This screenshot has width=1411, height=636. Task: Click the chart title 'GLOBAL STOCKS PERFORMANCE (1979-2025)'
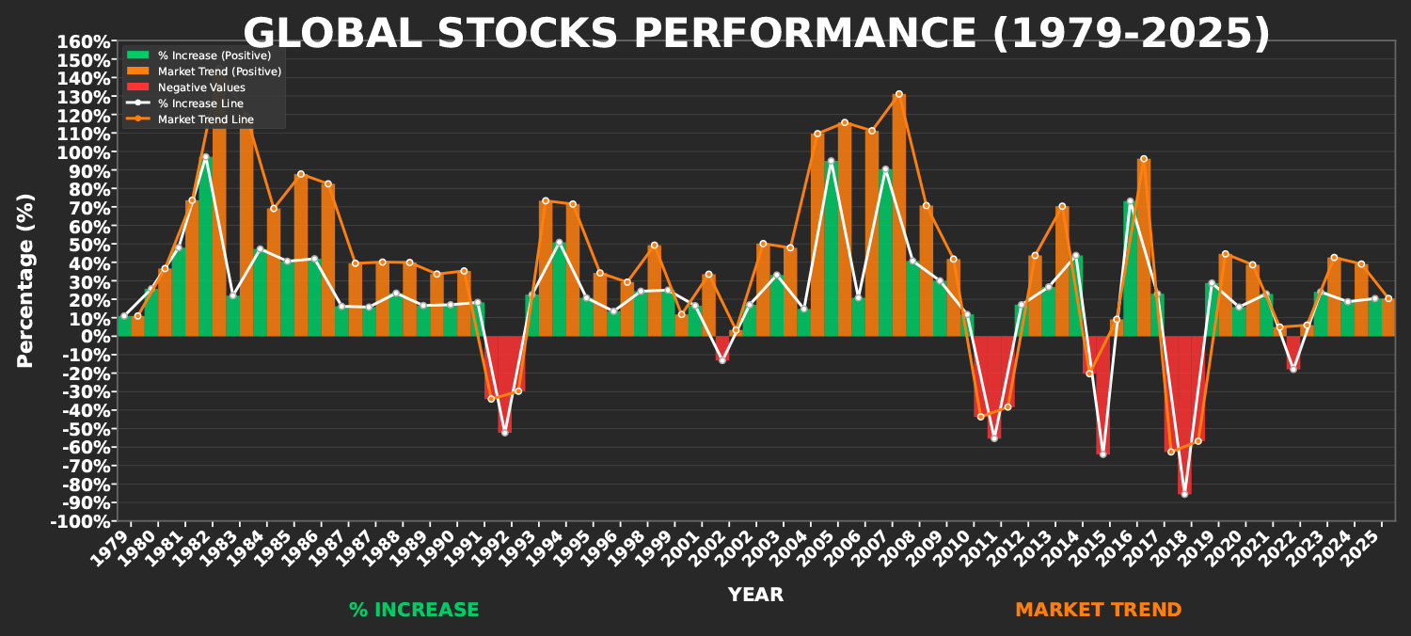(756, 34)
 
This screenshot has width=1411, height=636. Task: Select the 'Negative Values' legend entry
(201, 87)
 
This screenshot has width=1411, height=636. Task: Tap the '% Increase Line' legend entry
(200, 103)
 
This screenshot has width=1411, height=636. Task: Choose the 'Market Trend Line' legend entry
(205, 119)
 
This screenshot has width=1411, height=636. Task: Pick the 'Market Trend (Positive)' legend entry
(219, 72)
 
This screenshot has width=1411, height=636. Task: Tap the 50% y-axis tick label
(90, 245)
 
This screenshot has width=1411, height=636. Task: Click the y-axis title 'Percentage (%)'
(25, 280)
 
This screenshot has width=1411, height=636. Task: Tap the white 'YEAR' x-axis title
(755, 595)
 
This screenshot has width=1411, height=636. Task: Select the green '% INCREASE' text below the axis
(414, 610)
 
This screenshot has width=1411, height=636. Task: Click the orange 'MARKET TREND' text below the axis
(1098, 610)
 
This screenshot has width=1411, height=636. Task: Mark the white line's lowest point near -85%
(1184, 494)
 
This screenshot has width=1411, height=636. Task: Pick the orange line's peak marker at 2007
(898, 94)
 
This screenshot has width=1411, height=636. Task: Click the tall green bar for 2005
(831, 254)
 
